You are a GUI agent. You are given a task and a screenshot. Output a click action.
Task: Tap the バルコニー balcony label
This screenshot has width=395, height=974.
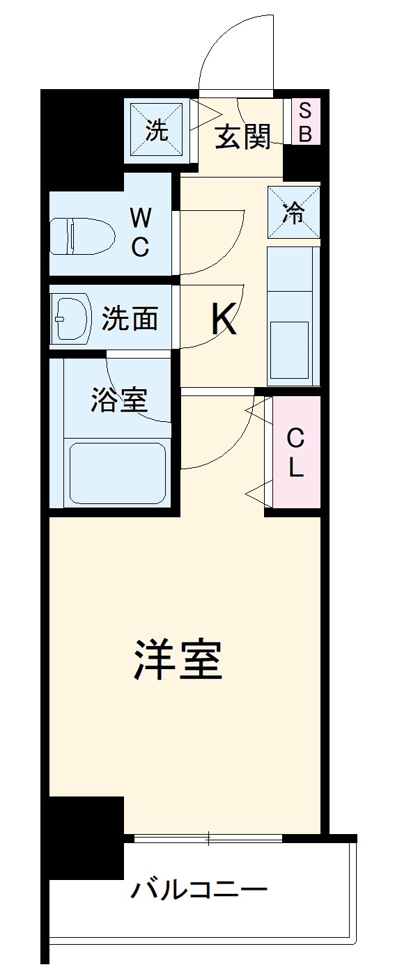click(199, 890)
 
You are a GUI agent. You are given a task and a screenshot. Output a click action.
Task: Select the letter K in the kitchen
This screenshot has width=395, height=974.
click(224, 320)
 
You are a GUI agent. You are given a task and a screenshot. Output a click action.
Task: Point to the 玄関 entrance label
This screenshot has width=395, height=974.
click(241, 137)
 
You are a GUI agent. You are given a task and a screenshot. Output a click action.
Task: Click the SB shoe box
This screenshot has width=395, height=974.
click(305, 123)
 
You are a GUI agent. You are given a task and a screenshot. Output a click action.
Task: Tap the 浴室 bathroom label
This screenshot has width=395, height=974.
click(118, 401)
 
